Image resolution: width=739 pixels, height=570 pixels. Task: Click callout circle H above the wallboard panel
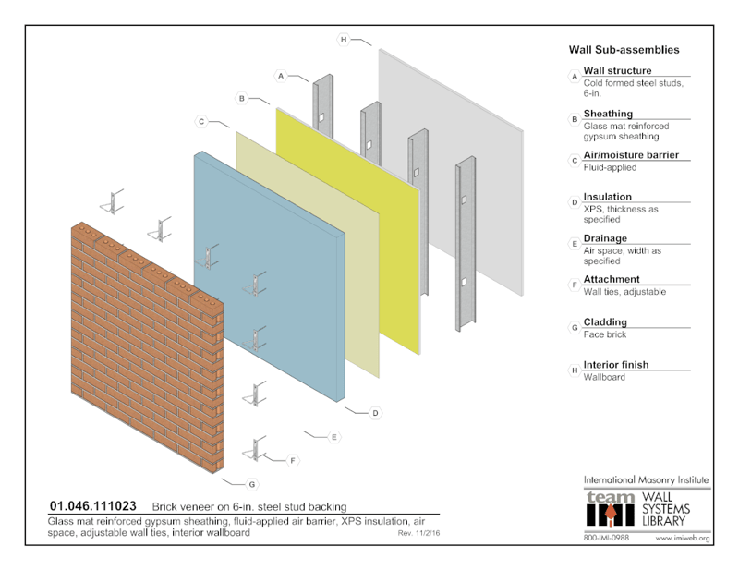tap(343, 40)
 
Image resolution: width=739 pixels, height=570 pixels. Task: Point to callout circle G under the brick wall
tap(252, 483)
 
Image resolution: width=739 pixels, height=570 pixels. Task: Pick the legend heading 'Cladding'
tap(605, 322)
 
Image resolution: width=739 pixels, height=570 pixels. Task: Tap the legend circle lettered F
tap(575, 285)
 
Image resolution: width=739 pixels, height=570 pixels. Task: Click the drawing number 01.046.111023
tap(92, 506)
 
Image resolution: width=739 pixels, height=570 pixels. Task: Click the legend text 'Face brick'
tap(605, 334)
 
